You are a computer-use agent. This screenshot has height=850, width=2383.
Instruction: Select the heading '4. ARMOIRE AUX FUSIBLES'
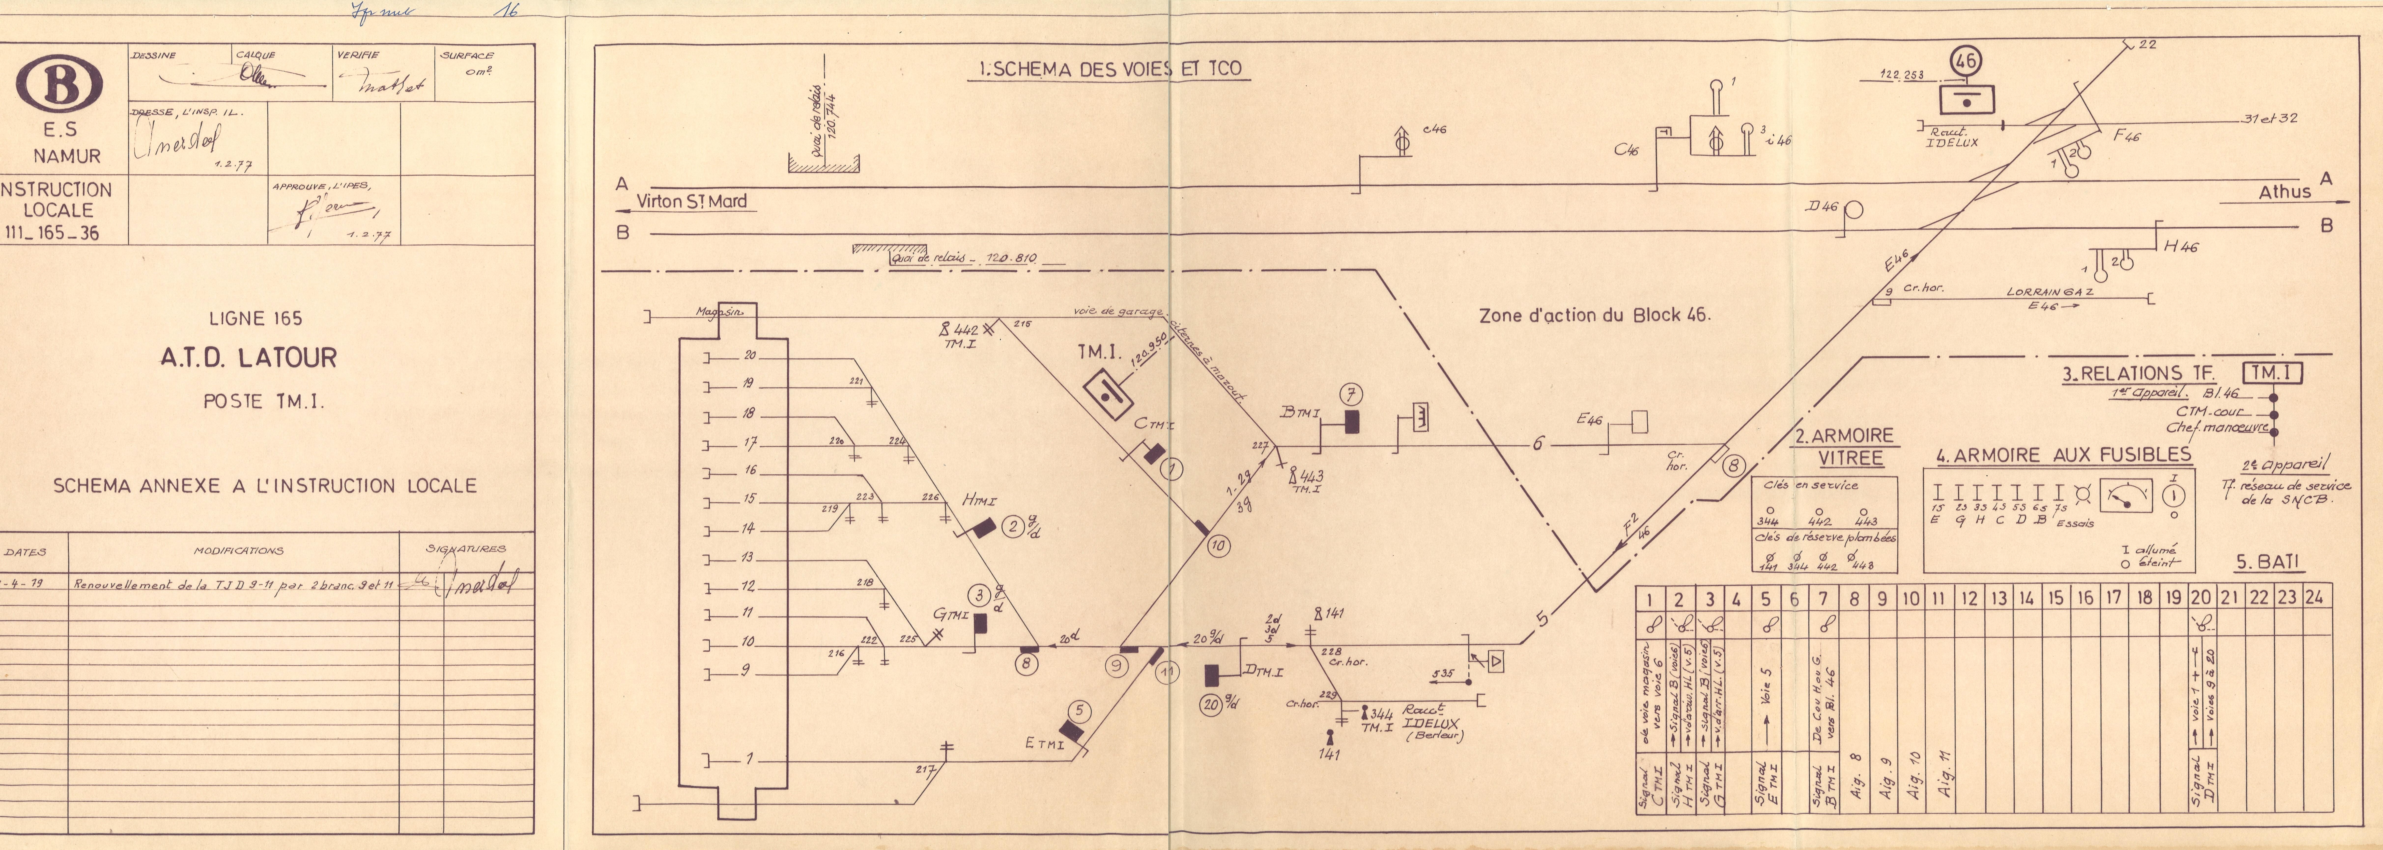[x=2063, y=455]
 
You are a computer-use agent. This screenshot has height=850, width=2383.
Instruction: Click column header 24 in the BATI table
[x=2314, y=598]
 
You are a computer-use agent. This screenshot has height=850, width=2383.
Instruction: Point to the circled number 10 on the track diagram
[x=1218, y=546]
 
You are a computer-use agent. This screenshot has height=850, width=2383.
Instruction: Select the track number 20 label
[x=749, y=355]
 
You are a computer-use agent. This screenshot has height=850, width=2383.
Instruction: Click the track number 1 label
[x=749, y=759]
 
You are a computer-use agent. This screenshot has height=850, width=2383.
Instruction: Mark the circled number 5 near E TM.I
[x=1079, y=710]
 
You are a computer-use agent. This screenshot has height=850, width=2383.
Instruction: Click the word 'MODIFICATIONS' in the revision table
[x=239, y=550]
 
